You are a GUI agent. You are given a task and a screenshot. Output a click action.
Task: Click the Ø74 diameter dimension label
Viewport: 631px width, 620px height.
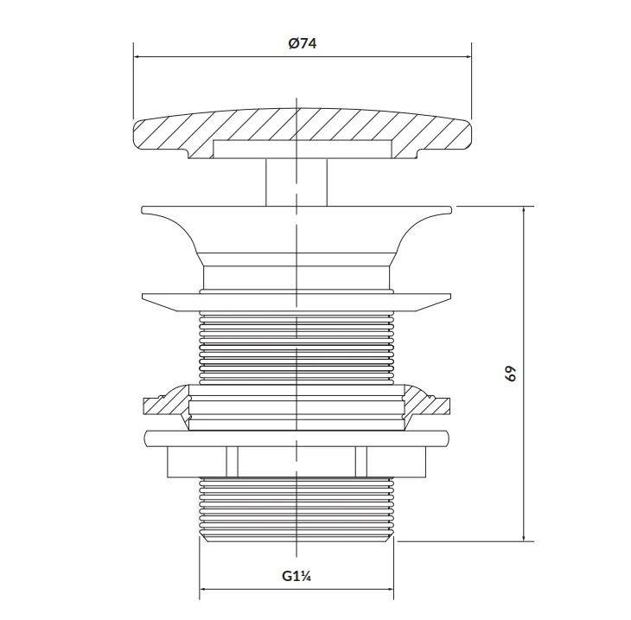click(x=303, y=43)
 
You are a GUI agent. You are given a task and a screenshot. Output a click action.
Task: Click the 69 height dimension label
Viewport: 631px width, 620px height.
click(x=511, y=374)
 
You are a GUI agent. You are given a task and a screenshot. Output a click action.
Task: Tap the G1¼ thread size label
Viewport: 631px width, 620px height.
click(x=296, y=576)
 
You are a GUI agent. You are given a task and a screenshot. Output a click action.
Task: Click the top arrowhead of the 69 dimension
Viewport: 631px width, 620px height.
click(x=524, y=211)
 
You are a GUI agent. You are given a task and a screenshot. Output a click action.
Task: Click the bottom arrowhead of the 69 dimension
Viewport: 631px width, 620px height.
click(x=524, y=537)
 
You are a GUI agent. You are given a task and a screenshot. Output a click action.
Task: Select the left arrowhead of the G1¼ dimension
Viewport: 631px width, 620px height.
click(x=204, y=589)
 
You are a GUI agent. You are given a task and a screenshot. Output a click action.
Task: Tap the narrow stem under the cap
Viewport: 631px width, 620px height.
click(x=296, y=182)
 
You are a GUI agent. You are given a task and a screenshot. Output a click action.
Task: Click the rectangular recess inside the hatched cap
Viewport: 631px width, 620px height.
click(x=303, y=149)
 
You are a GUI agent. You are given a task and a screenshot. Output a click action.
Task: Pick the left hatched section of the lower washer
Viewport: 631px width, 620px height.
click(x=166, y=405)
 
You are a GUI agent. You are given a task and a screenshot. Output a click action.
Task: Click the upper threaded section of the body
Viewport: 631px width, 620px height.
click(x=296, y=348)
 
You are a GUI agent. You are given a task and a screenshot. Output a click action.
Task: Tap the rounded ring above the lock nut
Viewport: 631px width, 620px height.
click(x=296, y=438)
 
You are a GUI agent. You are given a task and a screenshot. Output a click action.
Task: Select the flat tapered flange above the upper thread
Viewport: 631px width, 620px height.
click(x=296, y=303)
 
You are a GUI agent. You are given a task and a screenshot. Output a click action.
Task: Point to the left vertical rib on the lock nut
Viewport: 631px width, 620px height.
click(x=232, y=462)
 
